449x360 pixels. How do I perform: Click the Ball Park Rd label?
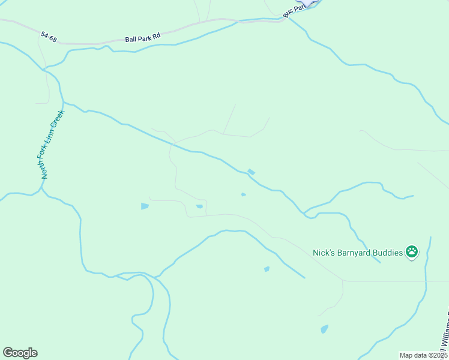143,38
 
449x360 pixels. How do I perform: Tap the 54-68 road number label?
49,37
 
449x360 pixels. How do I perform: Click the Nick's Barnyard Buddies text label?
358,253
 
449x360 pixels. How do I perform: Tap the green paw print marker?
411,252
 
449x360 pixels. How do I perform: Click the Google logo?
20,353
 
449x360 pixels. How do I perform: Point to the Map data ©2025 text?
423,355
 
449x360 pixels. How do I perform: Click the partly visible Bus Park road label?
294,11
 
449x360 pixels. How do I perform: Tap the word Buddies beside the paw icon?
388,253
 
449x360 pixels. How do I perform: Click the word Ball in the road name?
131,39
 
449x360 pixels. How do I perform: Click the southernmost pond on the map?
325,329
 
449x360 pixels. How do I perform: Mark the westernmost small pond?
145,206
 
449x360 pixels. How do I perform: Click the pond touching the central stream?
251,172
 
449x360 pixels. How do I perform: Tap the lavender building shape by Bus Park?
310,2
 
